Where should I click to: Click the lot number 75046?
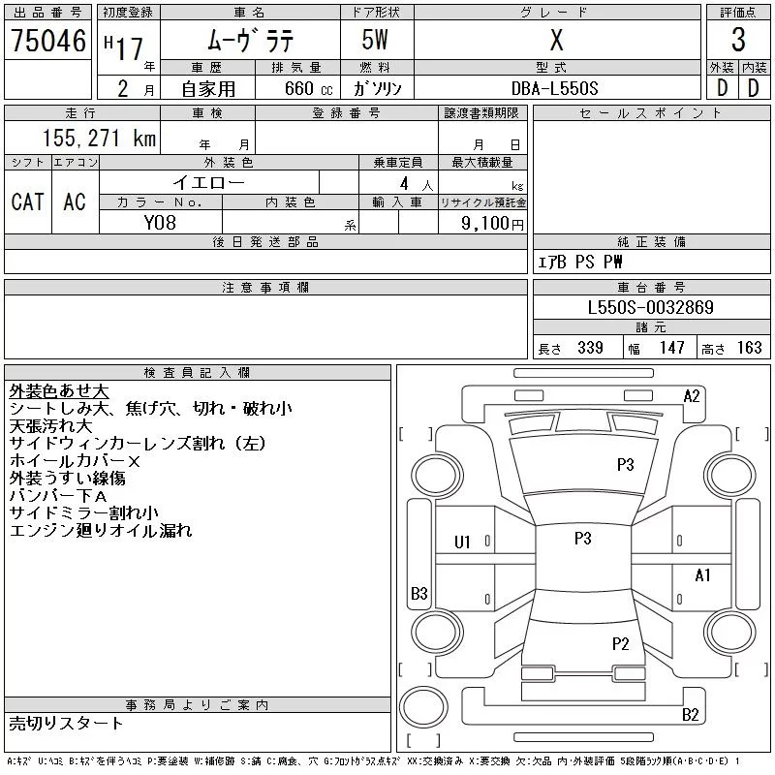47,41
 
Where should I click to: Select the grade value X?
556,41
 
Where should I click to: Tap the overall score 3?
738,41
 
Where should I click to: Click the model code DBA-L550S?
555,88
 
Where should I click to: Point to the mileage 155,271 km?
98,139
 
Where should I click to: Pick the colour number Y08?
160,222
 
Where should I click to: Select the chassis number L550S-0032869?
651,308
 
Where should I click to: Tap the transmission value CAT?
27,201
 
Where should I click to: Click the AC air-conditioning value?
75,201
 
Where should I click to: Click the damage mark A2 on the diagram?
692,395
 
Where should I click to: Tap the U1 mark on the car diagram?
462,542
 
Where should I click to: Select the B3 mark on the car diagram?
418,593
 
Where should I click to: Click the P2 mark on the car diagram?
621,643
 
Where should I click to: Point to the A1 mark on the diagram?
703,575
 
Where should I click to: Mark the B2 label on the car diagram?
691,715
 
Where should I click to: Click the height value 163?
749,348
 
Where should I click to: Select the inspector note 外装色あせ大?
59,391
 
